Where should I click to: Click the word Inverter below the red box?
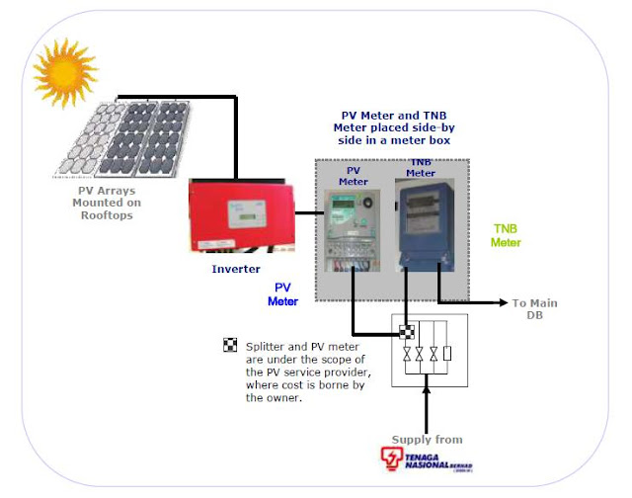(237, 268)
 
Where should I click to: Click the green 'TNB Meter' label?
(507, 234)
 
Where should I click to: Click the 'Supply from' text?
(427, 439)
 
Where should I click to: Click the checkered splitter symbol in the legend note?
(230, 345)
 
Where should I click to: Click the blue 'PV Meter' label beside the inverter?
(283, 293)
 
